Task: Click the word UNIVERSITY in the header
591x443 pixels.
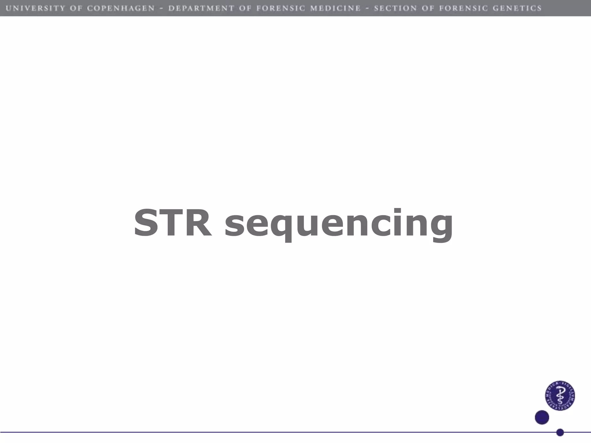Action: point(35,8)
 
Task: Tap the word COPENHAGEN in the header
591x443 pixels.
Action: point(121,8)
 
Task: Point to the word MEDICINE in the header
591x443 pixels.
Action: point(335,8)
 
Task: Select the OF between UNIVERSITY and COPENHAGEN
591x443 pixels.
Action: point(76,8)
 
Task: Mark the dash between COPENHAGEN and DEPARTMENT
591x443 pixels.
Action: point(162,8)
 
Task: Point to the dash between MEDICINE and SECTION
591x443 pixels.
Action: point(367,8)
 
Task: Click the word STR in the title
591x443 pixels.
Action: point(173,223)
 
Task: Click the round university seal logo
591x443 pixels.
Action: point(560,395)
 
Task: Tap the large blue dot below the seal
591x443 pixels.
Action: point(542,417)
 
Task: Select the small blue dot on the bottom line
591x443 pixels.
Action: point(560,432)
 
